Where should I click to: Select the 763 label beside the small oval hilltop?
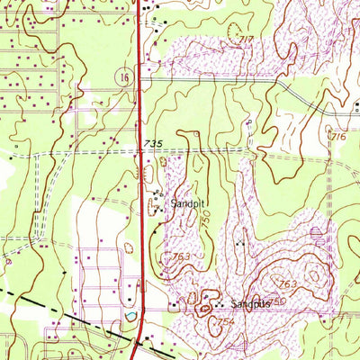click(287, 283)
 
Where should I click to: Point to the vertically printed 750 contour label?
click(205, 218)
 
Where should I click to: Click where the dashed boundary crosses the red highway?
click(138, 339)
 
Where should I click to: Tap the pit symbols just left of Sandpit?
click(158, 203)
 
